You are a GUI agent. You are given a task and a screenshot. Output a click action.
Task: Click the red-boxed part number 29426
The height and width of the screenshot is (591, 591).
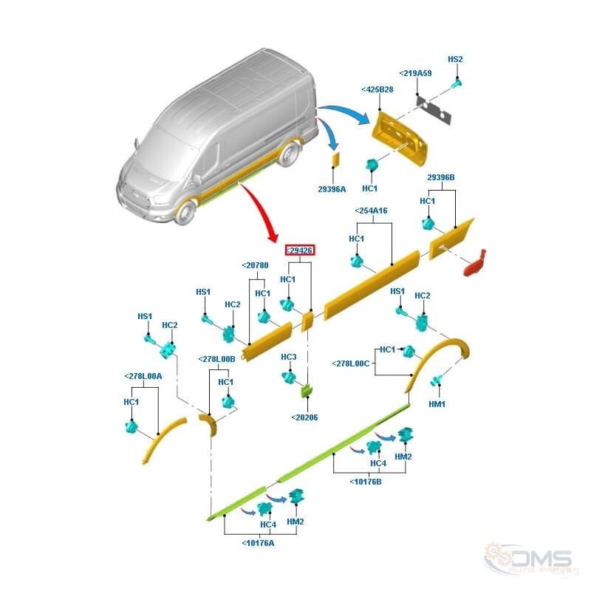click(301, 251)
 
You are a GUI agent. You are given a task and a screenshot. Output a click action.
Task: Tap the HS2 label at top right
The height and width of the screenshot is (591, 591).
click(456, 59)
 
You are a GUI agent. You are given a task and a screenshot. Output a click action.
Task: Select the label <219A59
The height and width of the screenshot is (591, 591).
click(415, 74)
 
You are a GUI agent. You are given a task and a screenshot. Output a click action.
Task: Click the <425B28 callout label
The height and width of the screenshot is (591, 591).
click(378, 90)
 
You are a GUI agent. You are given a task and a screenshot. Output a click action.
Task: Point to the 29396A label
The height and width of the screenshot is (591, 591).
click(332, 189)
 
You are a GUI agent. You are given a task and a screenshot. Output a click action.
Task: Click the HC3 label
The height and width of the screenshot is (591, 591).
click(288, 357)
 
